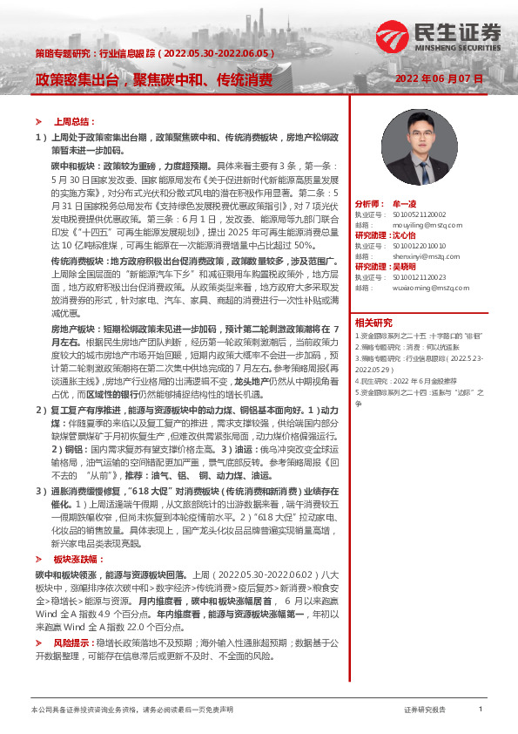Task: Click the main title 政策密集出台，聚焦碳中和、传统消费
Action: pos(153,80)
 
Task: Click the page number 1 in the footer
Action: pos(481,710)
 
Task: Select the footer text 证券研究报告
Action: pos(425,710)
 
